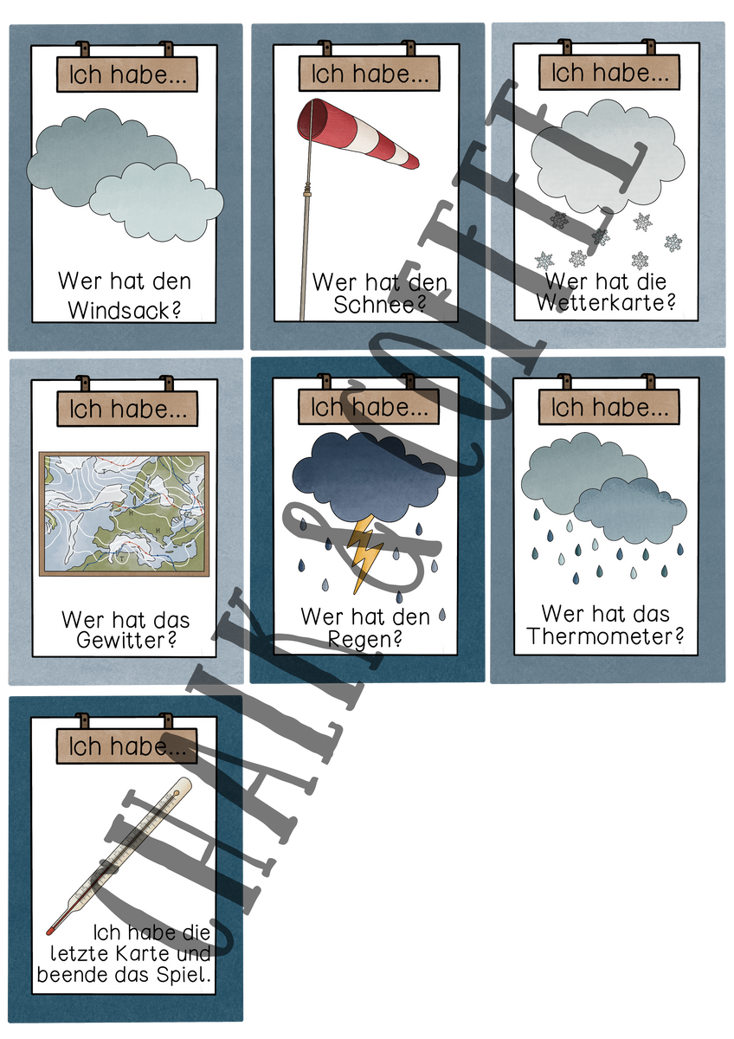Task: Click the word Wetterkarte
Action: (606, 303)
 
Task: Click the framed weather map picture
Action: (125, 513)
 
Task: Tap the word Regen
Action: (364, 640)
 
